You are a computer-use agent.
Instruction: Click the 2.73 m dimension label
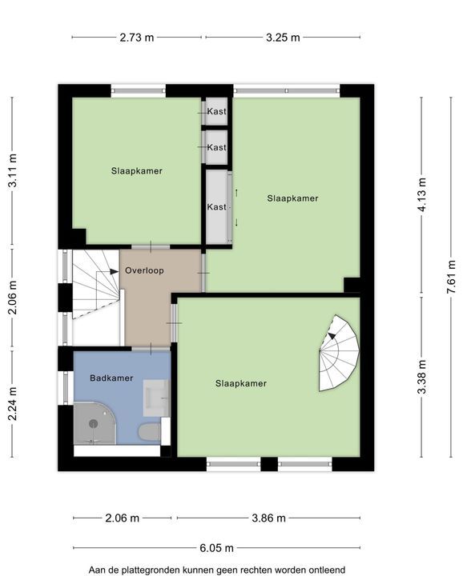(137, 38)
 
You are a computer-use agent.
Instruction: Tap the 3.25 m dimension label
(283, 38)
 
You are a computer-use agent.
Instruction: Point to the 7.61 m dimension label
(451, 277)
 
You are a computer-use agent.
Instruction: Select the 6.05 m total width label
(216, 548)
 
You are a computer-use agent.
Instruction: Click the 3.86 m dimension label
(268, 518)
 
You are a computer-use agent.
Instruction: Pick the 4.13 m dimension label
(422, 194)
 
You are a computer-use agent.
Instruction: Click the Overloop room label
(144, 270)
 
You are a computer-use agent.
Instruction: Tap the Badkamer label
(111, 378)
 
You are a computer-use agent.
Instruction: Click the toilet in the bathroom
(149, 432)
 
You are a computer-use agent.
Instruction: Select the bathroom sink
(156, 398)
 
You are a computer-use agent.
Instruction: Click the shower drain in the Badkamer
(94, 424)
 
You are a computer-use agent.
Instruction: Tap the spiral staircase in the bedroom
(339, 353)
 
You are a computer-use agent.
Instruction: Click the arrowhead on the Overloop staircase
(114, 271)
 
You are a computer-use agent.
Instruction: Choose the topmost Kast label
(216, 111)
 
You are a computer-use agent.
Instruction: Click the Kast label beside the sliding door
(216, 207)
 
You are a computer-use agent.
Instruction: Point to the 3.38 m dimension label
(422, 377)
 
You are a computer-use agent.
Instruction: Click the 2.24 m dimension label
(13, 404)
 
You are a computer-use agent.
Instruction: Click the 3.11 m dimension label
(13, 171)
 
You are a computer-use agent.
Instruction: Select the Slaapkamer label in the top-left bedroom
(137, 171)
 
